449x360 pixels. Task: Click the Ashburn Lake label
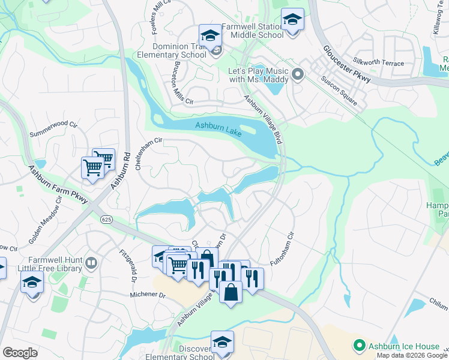[x=218, y=129]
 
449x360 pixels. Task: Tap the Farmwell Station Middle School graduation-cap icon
[x=292, y=21]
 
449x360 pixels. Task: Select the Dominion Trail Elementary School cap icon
[x=211, y=35]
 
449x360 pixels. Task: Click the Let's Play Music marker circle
[x=298, y=75]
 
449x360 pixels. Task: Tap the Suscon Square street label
[x=339, y=91]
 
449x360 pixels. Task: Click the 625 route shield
[x=107, y=220]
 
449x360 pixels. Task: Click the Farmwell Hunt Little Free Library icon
[x=91, y=262]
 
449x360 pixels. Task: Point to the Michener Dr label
[x=148, y=295]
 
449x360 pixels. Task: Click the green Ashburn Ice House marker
[x=360, y=346]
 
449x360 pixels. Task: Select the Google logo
[x=20, y=353]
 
